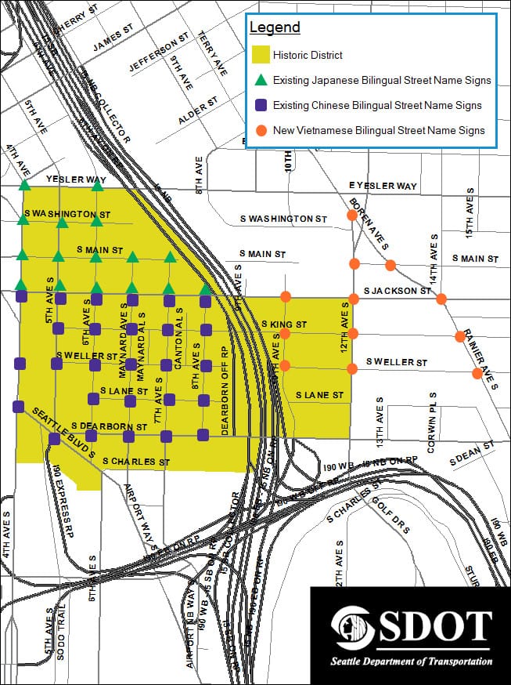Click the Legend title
coord(275,28)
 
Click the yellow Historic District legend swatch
coord(261,55)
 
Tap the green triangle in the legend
coord(261,80)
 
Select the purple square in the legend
coord(261,105)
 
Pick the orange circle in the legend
coord(261,130)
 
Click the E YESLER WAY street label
coord(383,186)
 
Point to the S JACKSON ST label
coord(398,291)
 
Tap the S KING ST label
coord(284,323)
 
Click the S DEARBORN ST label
coord(109,426)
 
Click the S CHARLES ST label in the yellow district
coord(136,462)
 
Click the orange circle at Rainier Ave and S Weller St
coord(477,373)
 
